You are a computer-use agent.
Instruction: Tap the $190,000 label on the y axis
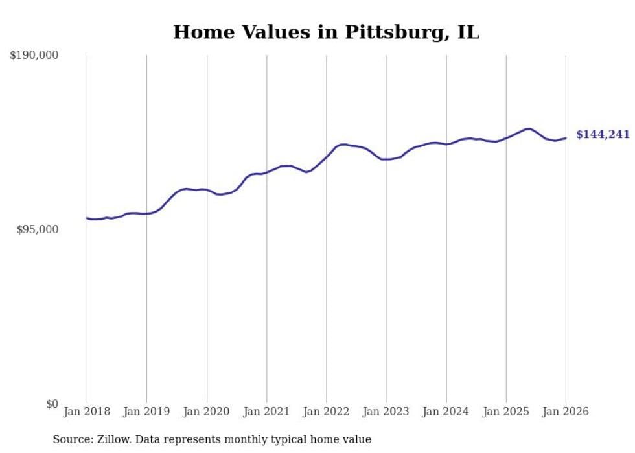click(x=34, y=56)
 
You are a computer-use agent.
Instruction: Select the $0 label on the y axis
click(x=52, y=404)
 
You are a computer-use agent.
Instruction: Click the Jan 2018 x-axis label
click(x=87, y=412)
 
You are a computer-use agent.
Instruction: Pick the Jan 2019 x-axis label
click(x=146, y=412)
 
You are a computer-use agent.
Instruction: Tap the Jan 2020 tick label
click(x=207, y=412)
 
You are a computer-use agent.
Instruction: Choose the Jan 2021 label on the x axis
click(x=266, y=412)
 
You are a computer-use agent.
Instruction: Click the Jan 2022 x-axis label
click(x=327, y=412)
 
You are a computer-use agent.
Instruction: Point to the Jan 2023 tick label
click(x=386, y=412)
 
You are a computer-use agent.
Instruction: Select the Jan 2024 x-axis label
click(x=446, y=412)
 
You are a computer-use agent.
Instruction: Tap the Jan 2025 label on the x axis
click(x=506, y=412)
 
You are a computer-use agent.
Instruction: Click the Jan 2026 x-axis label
click(x=566, y=412)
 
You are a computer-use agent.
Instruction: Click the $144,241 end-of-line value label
click(x=603, y=135)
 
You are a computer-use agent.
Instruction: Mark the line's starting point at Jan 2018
click(x=87, y=218)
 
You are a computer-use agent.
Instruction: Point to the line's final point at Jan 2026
click(x=566, y=138)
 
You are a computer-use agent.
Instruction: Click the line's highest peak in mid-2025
click(x=529, y=128)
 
